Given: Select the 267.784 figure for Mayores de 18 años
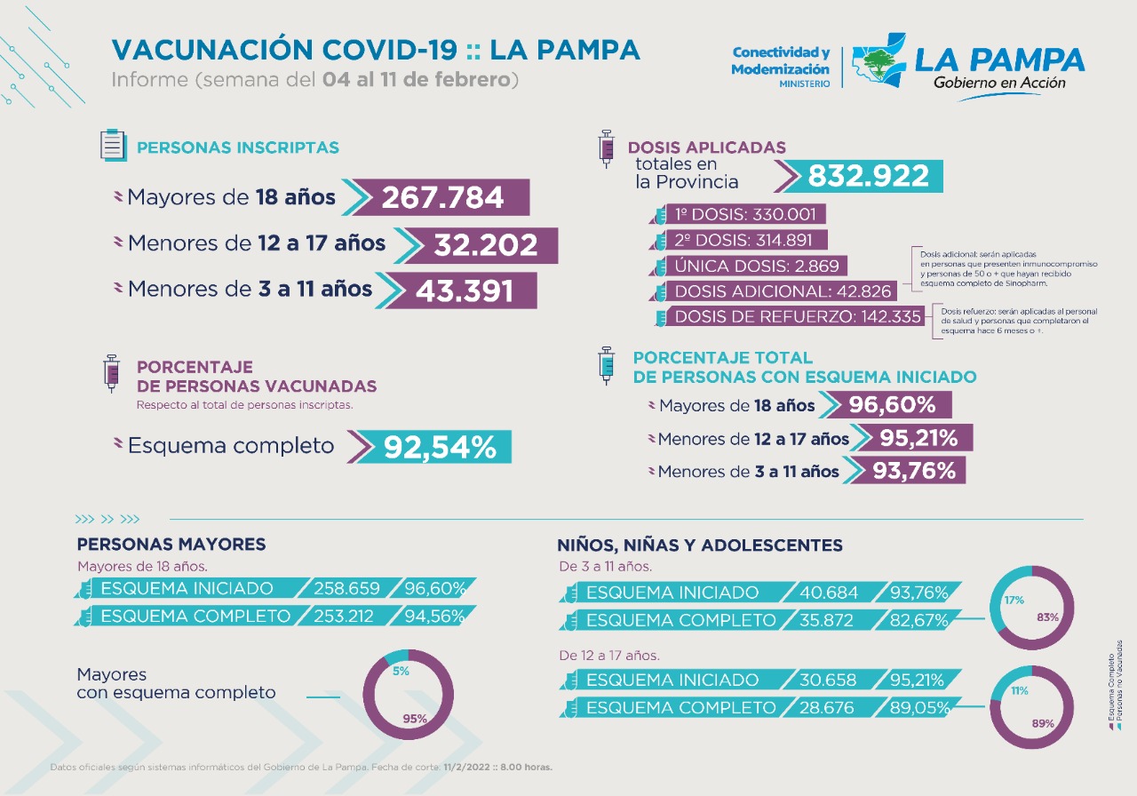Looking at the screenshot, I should [x=442, y=197].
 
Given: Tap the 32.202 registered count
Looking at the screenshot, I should [x=485, y=245].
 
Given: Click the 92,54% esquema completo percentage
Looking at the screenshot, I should [x=440, y=447].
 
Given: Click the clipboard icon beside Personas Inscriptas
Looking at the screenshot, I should [x=112, y=145].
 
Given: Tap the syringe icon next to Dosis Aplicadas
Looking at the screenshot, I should [x=608, y=147].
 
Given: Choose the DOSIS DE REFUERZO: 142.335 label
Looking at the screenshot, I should [x=798, y=317].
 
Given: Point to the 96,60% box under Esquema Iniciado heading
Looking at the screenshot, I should [x=891, y=405].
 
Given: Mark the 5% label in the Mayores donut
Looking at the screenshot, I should [x=402, y=672].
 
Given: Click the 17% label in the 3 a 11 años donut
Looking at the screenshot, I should [x=1014, y=600].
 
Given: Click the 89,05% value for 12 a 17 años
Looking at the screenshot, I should [x=919, y=708].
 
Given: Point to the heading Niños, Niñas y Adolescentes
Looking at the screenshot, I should [x=700, y=545].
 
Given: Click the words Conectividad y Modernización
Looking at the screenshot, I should [x=781, y=61].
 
